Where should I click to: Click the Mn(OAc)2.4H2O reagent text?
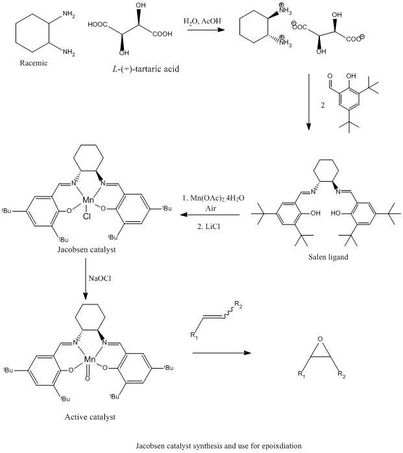point(213,197)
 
